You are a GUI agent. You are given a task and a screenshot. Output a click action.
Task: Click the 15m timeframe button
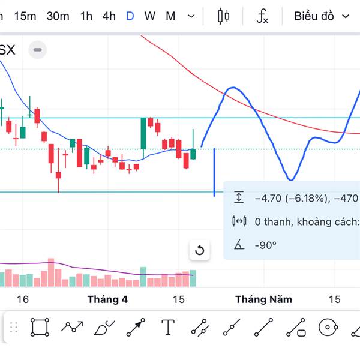pyautogui.click(x=25, y=16)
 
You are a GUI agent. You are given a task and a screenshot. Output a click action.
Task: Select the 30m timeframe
pyautogui.click(x=58, y=16)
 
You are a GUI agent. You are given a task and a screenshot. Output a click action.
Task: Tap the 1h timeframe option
pyautogui.click(x=86, y=16)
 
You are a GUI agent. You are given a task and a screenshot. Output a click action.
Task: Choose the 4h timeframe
pyautogui.click(x=109, y=16)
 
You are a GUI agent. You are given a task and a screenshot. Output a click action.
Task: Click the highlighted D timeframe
pyautogui.click(x=130, y=16)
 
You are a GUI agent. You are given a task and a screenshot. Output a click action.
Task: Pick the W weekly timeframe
pyautogui.click(x=149, y=16)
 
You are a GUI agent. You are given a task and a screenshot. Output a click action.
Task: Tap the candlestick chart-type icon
pyautogui.click(x=223, y=16)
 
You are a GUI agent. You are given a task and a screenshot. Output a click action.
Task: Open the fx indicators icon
pyautogui.click(x=262, y=16)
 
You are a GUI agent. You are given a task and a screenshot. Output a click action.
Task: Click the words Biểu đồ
pyautogui.click(x=314, y=16)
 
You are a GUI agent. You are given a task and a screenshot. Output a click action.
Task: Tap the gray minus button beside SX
pyautogui.click(x=37, y=50)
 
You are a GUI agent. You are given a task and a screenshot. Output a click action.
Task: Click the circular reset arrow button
pyautogui.click(x=200, y=250)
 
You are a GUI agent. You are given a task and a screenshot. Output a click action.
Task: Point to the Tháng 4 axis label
pyautogui.click(x=107, y=299)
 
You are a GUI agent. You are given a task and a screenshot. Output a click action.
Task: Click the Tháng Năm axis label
pyautogui.click(x=263, y=299)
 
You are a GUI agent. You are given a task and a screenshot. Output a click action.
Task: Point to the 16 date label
pyautogui.click(x=23, y=299)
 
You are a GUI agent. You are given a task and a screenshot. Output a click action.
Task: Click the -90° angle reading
pyautogui.click(x=265, y=245)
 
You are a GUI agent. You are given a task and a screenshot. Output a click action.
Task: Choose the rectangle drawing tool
pyautogui.click(x=40, y=328)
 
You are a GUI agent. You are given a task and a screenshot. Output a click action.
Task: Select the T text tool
pyautogui.click(x=168, y=328)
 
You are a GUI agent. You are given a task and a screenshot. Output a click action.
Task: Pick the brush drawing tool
pyautogui.click(x=104, y=328)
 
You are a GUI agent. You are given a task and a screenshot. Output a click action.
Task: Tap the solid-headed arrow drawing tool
pyautogui.click(x=136, y=328)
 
